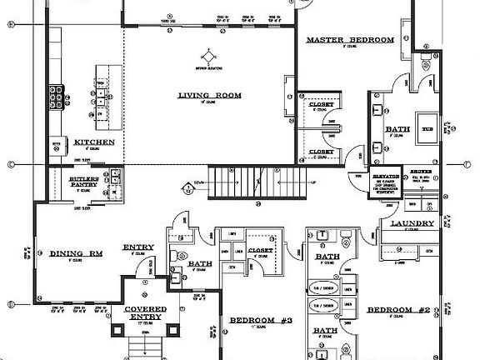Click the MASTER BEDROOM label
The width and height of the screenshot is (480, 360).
pyautogui.click(x=349, y=40)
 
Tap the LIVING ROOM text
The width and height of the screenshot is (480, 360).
pyautogui.click(x=209, y=96)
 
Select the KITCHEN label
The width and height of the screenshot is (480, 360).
pyautogui.click(x=94, y=142)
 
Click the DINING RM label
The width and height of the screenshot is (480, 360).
pyautogui.click(x=76, y=252)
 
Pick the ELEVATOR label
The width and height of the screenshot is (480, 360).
pyautogui.click(x=386, y=177)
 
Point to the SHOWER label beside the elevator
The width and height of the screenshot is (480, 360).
pyautogui.click(x=420, y=171)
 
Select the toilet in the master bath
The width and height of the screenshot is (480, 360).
pyautogui.click(x=424, y=62)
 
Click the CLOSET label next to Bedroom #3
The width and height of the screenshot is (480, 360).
pyautogui.click(x=260, y=249)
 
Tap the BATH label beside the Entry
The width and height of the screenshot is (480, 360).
pyautogui.click(x=200, y=264)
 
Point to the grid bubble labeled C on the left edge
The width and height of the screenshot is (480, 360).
pyautogui.click(x=10, y=164)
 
